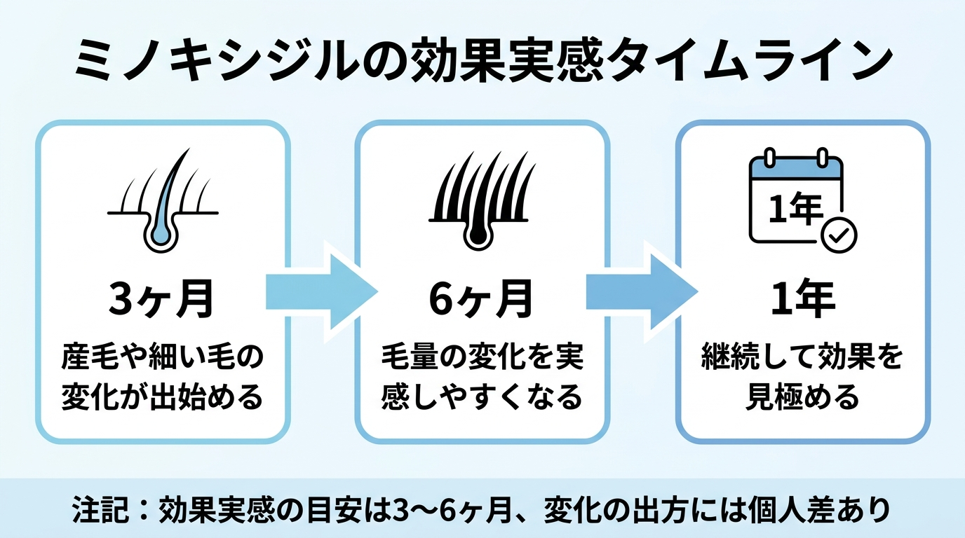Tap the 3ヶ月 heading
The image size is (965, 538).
(x=161, y=298)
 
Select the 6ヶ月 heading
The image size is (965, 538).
(x=481, y=298)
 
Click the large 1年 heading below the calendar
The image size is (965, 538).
(x=803, y=298)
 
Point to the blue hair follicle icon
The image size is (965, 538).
(x=163, y=200)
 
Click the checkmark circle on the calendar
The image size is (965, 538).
(x=839, y=235)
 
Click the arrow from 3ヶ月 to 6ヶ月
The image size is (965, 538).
(x=322, y=293)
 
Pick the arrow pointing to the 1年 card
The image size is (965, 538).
(x=642, y=293)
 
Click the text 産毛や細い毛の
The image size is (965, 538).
(x=162, y=357)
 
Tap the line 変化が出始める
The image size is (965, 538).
(x=162, y=396)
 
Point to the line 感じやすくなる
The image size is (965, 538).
(x=482, y=396)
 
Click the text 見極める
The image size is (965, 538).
(x=802, y=396)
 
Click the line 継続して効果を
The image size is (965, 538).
(x=802, y=357)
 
